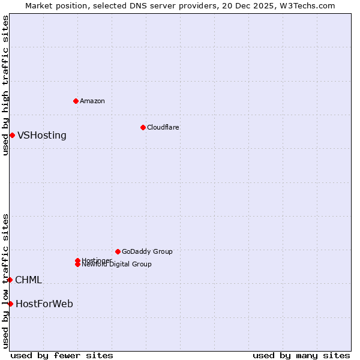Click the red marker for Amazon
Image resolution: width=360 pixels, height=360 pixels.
tap(76, 101)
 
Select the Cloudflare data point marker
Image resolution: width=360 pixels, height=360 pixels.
tap(143, 127)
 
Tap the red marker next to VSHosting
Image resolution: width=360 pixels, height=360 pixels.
tap(12, 135)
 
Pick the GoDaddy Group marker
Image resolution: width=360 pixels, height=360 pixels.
tap(118, 251)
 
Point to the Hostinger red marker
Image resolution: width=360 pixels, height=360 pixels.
tap(77, 260)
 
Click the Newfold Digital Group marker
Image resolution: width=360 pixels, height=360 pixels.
tap(77, 265)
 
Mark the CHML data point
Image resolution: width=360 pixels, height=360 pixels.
tap(10, 280)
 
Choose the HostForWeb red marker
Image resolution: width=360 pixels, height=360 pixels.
tap(10, 304)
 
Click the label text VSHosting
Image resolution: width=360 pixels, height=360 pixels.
tap(42, 136)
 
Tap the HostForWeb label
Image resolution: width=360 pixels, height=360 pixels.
tap(44, 304)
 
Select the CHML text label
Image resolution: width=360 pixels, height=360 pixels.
tap(28, 280)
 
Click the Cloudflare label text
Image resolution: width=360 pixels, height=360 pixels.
tap(163, 127)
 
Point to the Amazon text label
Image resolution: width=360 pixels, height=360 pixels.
tap(92, 101)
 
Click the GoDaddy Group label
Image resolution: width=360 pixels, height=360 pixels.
tap(147, 251)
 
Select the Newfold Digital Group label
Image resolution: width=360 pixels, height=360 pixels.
tap(116, 265)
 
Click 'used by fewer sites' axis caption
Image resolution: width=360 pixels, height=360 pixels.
tap(62, 355)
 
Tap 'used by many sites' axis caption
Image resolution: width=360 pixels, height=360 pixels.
tap(301, 355)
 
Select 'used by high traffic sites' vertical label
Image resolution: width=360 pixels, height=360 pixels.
tap(5, 85)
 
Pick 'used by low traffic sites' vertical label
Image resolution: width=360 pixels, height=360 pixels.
tap(5, 280)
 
